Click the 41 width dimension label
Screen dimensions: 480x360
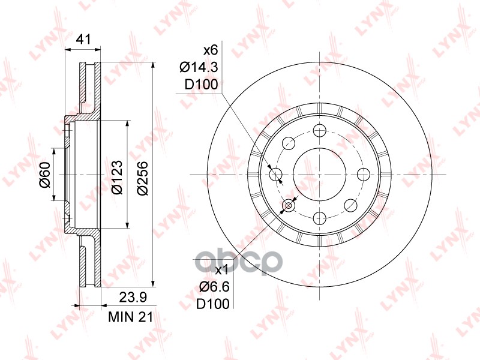[83, 40]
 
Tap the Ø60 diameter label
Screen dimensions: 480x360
[45, 175]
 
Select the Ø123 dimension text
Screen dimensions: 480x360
[117, 177]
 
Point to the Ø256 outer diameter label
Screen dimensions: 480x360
[143, 178]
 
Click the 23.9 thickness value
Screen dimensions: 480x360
[133, 297]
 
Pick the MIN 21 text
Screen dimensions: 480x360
[131, 317]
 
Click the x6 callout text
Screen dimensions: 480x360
[211, 50]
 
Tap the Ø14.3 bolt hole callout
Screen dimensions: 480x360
[199, 67]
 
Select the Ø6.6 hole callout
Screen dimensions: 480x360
[214, 287]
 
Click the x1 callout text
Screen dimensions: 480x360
[221, 270]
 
